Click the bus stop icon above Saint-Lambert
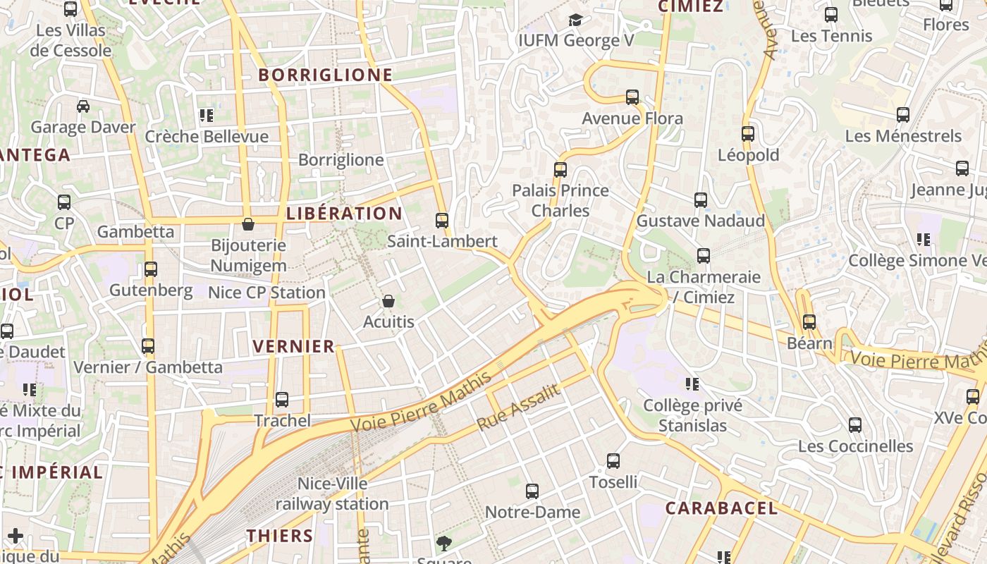[442, 221]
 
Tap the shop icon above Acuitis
[388, 302]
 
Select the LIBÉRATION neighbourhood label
[345, 214]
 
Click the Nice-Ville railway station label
[332, 493]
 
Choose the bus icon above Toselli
[613, 461]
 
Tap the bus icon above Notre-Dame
[532, 491]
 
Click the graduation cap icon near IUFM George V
[576, 20]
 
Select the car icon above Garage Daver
[83, 106]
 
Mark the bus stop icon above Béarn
[809, 322]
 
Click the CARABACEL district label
[721, 508]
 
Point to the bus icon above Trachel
[282, 400]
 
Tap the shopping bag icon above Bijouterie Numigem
[248, 225]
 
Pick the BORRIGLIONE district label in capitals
[325, 75]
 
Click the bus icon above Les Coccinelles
[855, 425]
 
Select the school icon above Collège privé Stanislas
[692, 384]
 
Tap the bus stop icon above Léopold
[748, 134]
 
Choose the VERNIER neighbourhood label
[293, 346]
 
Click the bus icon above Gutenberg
[151, 269]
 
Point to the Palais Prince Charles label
[560, 200]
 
